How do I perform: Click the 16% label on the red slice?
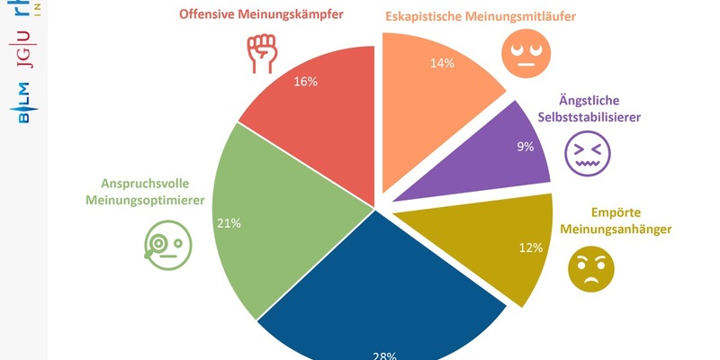click(x=305, y=81)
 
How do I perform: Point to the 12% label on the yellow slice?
click(x=530, y=247)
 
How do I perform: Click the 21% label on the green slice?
click(x=229, y=222)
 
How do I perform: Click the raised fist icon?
click(x=262, y=53)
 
